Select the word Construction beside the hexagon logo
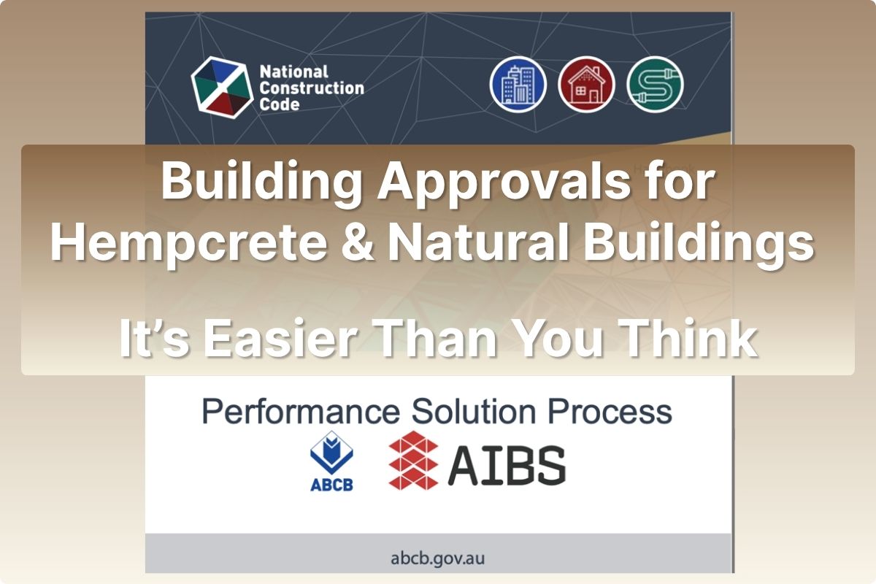click(x=311, y=88)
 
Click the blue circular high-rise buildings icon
click(x=518, y=84)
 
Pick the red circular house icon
click(x=586, y=84)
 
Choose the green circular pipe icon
click(x=655, y=84)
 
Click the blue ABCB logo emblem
click(x=331, y=453)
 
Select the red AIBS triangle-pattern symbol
click(x=413, y=462)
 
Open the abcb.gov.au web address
click(x=438, y=559)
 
